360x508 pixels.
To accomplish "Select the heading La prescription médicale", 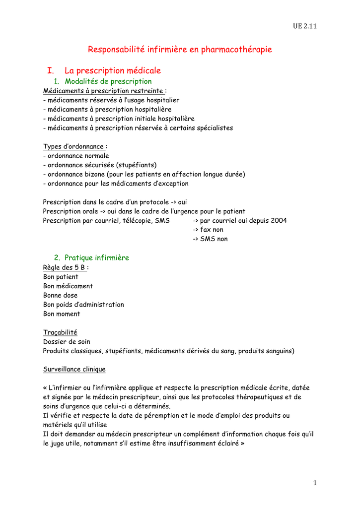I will click(x=113, y=71).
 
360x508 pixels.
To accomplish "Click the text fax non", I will click(x=212, y=230).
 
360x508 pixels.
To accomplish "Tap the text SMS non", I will click(x=214, y=239).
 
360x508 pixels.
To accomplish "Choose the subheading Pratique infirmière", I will click(x=96, y=258).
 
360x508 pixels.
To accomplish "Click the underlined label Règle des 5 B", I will click(x=65, y=267).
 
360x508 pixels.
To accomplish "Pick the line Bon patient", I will click(x=61, y=277).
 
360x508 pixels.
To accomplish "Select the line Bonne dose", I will click(x=60, y=295).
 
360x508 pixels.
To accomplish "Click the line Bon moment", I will click(x=62, y=314).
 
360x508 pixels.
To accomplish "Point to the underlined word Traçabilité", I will click(x=60, y=332).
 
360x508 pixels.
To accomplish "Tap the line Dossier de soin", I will click(x=67, y=342).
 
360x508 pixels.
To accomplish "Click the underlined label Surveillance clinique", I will click(x=74, y=370).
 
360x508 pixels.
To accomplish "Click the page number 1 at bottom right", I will click(x=315, y=483).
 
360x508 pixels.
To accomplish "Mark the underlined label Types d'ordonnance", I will click(x=73, y=146).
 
